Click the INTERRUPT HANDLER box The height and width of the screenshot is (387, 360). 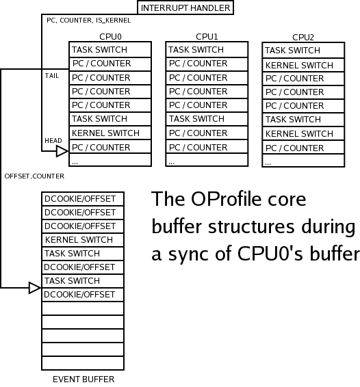click(x=185, y=8)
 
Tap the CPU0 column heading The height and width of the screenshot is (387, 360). click(x=110, y=37)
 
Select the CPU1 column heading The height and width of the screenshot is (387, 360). click(x=207, y=37)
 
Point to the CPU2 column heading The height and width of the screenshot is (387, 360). click(x=303, y=38)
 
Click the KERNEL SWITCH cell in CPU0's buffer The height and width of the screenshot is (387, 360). click(x=110, y=133)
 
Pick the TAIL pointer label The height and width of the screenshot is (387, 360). click(x=52, y=76)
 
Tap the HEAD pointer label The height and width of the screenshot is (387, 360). click(x=53, y=140)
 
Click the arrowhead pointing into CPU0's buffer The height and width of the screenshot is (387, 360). click(x=62, y=151)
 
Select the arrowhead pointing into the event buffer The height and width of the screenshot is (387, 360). click(x=35, y=288)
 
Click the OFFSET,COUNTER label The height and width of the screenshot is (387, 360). click(x=34, y=176)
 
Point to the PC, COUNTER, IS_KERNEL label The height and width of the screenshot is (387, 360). click(x=89, y=21)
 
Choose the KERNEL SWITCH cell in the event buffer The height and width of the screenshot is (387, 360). click(x=83, y=240)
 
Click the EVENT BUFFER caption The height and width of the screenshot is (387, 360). click(x=83, y=379)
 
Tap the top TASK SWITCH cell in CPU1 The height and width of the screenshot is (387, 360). click(x=207, y=50)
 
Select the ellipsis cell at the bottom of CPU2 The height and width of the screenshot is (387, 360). click(x=303, y=161)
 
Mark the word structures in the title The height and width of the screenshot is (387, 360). click(x=252, y=226)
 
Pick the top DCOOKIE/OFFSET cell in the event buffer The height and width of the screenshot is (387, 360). click(x=83, y=199)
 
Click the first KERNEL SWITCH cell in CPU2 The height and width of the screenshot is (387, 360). click(x=303, y=65)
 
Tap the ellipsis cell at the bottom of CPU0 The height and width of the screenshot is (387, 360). click(x=110, y=160)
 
